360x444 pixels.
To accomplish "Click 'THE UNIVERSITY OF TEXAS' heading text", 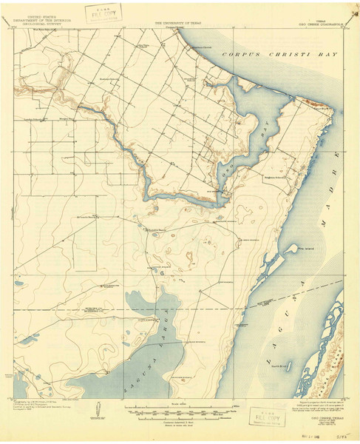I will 178,23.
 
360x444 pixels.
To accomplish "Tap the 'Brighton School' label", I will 276,179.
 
